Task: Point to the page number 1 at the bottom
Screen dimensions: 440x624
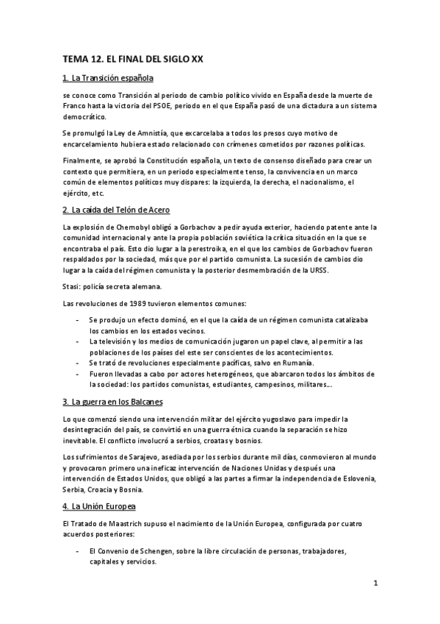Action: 375,585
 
